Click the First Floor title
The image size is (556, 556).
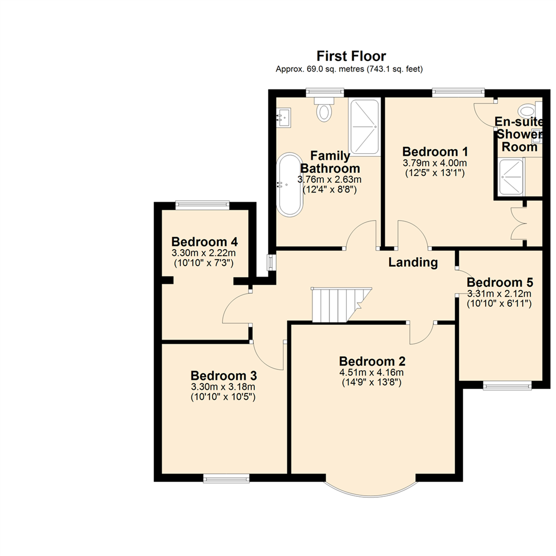[351, 56]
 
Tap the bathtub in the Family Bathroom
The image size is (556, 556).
[290, 184]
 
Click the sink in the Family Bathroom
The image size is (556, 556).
[284, 117]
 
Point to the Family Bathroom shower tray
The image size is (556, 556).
[364, 126]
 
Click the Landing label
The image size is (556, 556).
[413, 263]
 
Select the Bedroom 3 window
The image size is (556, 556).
[227, 479]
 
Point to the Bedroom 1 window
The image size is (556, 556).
[458, 93]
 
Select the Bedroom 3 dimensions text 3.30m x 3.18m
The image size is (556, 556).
[223, 387]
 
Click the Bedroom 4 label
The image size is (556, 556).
[204, 241]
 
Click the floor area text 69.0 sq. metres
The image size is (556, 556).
[320, 69]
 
